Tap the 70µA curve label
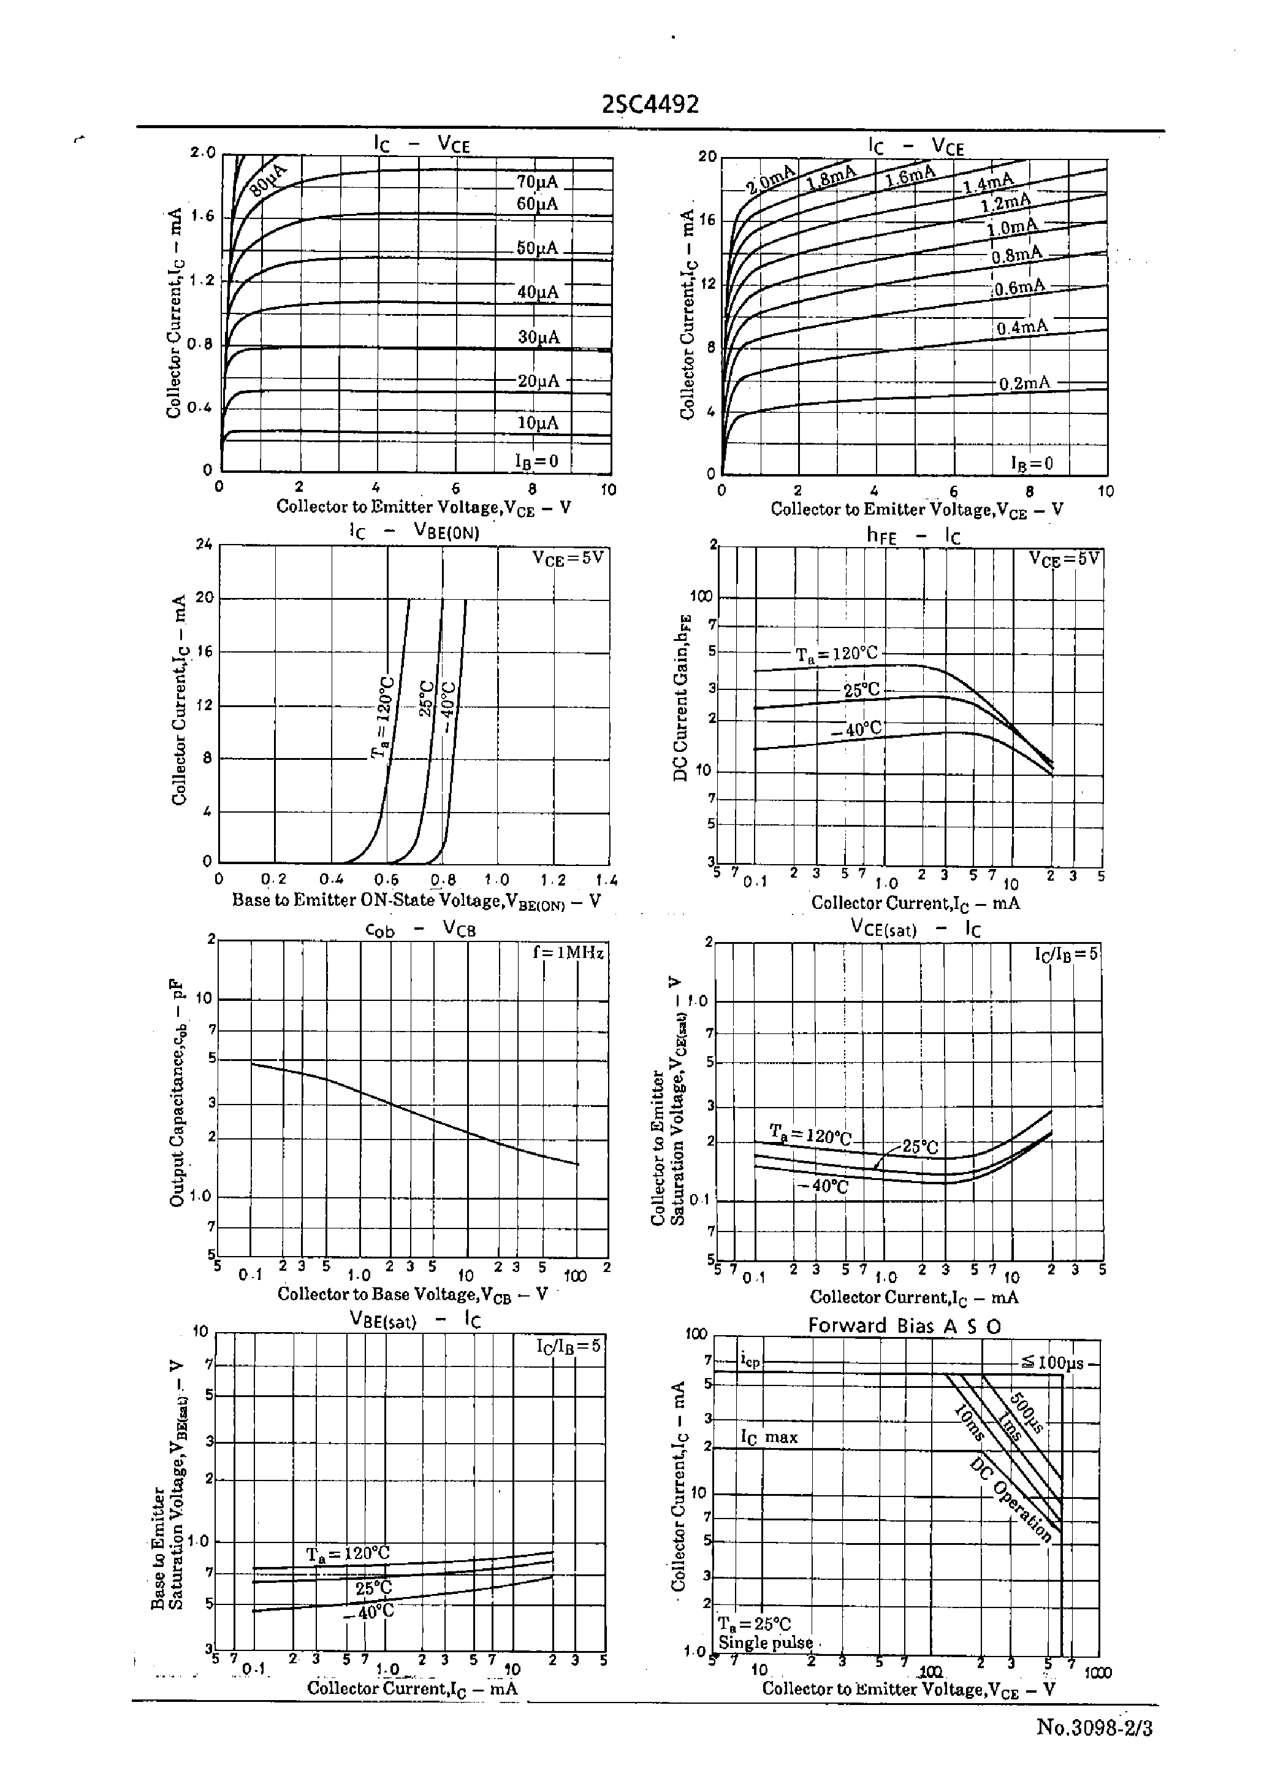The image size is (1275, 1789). point(537,182)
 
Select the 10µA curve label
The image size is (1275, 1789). point(538,423)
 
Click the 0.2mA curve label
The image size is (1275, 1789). point(1024,383)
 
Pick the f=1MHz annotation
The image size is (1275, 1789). point(568,952)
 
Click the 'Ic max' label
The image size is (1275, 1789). point(769,1437)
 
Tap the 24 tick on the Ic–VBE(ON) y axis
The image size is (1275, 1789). point(204,543)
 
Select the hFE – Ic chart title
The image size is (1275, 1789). point(913,535)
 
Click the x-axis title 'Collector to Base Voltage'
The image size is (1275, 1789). point(412,1294)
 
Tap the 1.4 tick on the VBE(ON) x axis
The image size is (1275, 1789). point(606,880)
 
